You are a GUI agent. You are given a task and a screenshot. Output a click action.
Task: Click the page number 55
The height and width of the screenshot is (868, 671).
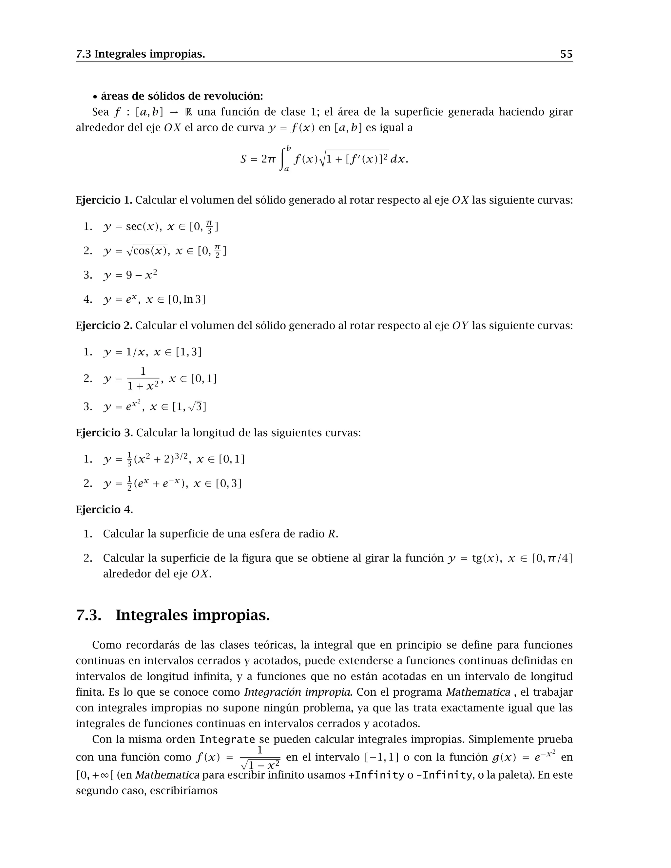[x=566, y=54]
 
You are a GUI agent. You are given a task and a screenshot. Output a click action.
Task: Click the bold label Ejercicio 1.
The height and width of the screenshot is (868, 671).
[x=104, y=200]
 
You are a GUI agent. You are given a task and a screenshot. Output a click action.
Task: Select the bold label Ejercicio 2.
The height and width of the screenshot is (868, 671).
[x=104, y=326]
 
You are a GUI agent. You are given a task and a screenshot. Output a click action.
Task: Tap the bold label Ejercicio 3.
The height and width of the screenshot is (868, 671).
[x=104, y=432]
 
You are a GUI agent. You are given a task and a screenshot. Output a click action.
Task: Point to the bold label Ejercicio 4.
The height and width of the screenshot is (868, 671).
[x=104, y=510]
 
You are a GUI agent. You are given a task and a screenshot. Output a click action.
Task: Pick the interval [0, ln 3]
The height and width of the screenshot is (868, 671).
[x=187, y=299]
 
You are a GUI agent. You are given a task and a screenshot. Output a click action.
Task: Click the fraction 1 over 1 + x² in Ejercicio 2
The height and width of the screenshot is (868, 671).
[x=143, y=379]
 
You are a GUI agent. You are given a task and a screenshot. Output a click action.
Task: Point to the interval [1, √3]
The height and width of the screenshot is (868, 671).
[x=189, y=406]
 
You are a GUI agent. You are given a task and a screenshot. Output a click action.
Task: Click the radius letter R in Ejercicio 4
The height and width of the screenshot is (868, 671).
[x=332, y=534]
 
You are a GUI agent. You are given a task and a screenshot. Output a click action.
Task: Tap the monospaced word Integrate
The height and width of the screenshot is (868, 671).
[x=227, y=740]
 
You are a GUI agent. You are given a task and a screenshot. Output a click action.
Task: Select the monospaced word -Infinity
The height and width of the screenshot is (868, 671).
[x=444, y=775]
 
